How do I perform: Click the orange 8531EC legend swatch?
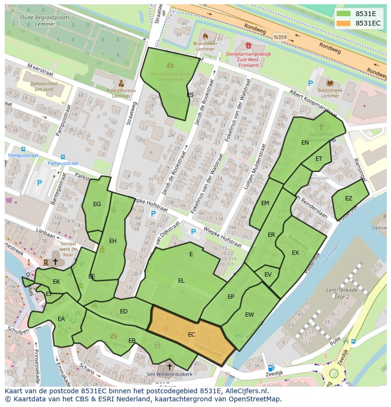[x=344, y=23]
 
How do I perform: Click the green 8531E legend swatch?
[x=344, y=14]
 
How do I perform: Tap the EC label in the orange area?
[x=191, y=334]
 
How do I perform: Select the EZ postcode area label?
[x=348, y=199]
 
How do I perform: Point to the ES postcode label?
[x=190, y=95]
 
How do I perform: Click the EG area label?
[x=97, y=204]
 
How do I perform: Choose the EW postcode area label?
[x=249, y=315]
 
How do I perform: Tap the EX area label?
[x=295, y=253]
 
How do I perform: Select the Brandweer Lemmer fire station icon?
[x=205, y=36]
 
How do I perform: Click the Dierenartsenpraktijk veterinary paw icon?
[x=249, y=45]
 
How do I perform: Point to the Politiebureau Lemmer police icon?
[x=121, y=83]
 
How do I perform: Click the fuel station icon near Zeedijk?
[x=271, y=368]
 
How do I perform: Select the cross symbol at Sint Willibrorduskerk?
[x=170, y=366]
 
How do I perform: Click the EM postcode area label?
[x=265, y=203]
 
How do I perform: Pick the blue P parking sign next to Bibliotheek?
[x=310, y=83]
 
